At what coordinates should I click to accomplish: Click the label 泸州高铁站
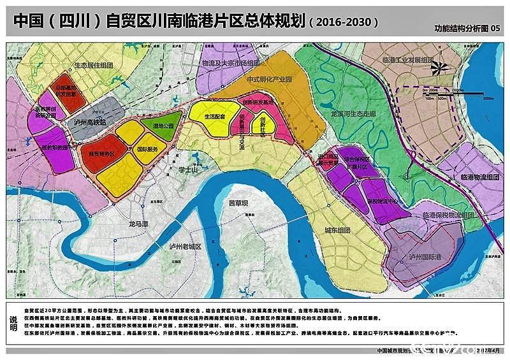[89, 122]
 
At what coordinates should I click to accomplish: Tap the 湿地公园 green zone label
[163, 126]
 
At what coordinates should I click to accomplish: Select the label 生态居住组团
[94, 64]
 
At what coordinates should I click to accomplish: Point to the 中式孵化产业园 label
[268, 80]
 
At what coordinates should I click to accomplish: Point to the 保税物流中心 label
[382, 200]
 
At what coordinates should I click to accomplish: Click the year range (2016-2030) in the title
[343, 21]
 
